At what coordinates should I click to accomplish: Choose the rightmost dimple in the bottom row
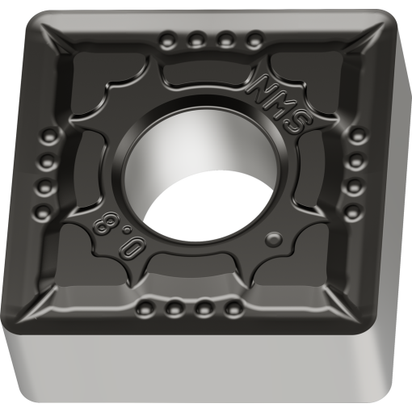point(235,309)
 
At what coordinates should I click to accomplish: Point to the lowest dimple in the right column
point(352,212)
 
